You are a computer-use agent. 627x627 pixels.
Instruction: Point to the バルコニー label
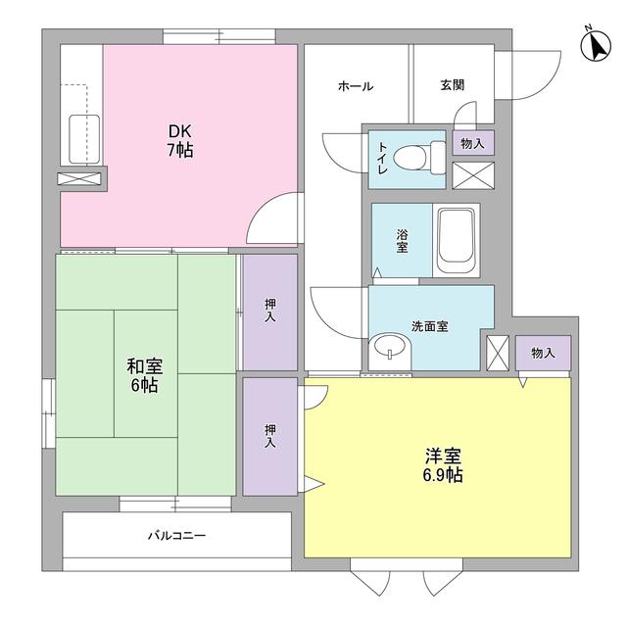pyautogui.click(x=177, y=536)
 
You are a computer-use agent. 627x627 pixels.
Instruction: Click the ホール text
pyautogui.click(x=355, y=86)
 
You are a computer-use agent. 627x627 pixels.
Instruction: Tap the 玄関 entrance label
pyautogui.click(x=453, y=86)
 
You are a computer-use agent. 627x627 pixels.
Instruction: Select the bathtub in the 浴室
pyautogui.click(x=457, y=240)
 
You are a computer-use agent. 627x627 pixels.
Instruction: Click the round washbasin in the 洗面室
pyautogui.click(x=390, y=349)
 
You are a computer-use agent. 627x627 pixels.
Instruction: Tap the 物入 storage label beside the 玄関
pyautogui.click(x=473, y=143)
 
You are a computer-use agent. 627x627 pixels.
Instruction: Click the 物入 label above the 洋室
pyautogui.click(x=544, y=353)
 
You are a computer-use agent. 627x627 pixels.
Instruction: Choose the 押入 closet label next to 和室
pyautogui.click(x=270, y=312)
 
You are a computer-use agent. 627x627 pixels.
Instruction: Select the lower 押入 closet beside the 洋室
pyautogui.click(x=270, y=436)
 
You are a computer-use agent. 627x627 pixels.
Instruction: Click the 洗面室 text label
pyautogui.click(x=429, y=326)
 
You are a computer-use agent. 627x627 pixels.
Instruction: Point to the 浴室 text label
pyautogui.click(x=402, y=240)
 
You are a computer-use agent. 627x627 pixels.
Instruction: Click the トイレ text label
pyautogui.click(x=382, y=158)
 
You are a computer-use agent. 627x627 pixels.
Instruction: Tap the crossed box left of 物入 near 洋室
pyautogui.click(x=499, y=352)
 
